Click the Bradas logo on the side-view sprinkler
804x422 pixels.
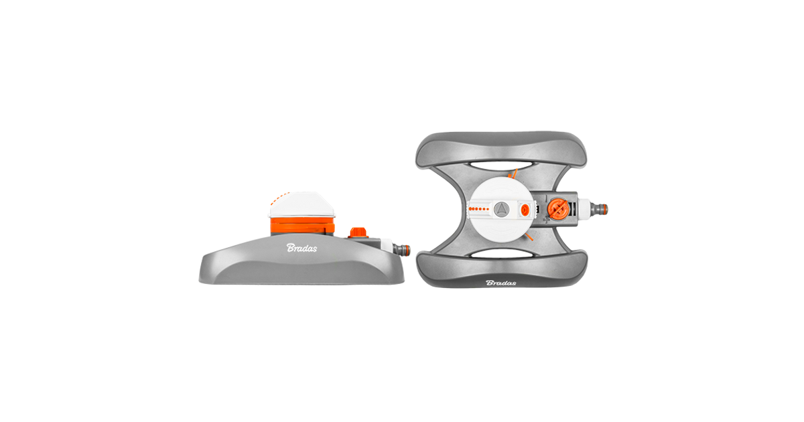click(301, 248)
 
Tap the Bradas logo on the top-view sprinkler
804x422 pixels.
click(500, 283)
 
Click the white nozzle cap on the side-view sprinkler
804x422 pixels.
click(301, 204)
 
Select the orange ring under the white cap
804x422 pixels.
click(302, 225)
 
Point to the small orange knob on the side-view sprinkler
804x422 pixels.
click(358, 232)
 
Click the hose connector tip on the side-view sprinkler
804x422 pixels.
click(402, 249)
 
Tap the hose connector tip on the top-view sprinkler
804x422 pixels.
click(600, 209)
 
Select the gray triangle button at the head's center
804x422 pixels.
click(501, 209)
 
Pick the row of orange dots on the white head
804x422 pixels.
click(478, 209)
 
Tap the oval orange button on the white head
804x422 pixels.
click(525, 209)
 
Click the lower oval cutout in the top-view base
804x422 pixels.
click(500, 254)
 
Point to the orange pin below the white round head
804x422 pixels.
click(529, 237)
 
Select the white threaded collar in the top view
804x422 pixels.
click(584, 209)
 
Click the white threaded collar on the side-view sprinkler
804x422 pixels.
click(387, 247)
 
